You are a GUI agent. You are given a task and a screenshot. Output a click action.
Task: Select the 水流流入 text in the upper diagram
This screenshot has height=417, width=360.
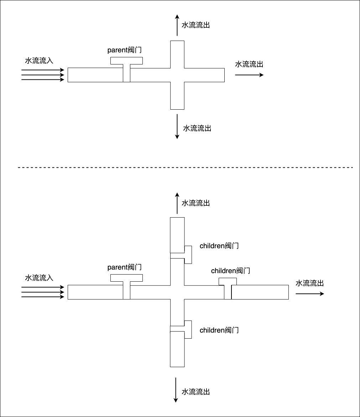coord(39,61)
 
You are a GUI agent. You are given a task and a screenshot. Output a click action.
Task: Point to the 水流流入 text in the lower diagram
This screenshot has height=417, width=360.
coord(39,278)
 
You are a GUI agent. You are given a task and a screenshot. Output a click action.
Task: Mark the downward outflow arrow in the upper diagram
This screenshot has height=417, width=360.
coord(177,126)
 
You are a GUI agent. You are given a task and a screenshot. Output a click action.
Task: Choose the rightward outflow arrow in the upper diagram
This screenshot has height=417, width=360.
coord(249,75)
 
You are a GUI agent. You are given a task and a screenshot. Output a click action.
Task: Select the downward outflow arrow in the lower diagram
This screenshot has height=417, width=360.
coord(176,390)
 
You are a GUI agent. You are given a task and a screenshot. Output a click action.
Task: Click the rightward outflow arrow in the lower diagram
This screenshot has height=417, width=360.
coord(310,294)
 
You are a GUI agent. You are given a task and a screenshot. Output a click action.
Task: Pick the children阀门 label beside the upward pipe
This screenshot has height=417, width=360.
coord(219,246)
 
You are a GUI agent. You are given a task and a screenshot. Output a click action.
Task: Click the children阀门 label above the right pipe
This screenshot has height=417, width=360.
coord(231,271)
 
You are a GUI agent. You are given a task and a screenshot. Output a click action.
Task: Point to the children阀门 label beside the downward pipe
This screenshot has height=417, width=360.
coord(219,330)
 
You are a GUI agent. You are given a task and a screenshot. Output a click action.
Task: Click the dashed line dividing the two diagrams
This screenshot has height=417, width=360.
coord(185,167)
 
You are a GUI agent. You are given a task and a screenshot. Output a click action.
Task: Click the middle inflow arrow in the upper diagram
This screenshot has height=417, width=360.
coord(43,75)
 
